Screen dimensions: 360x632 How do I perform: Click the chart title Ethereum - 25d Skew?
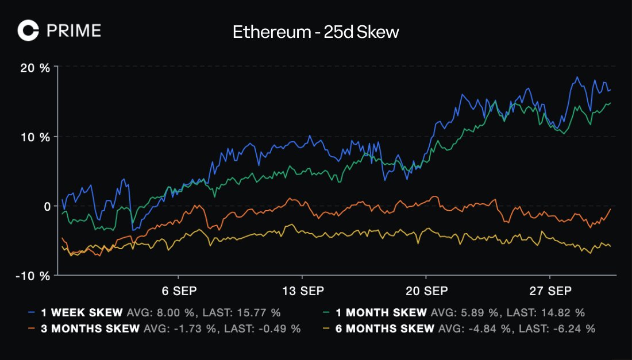(315, 32)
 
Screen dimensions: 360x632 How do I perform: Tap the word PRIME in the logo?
(74, 30)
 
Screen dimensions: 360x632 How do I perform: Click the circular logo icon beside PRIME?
(28, 30)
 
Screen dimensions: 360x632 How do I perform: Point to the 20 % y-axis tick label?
(36, 68)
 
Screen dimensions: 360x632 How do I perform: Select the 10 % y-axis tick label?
(36, 137)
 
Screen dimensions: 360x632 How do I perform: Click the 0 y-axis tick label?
(47, 206)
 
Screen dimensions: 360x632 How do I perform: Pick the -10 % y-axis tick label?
(33, 276)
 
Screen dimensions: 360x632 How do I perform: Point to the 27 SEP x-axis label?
(550, 291)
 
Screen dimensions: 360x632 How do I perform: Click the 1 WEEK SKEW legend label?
(82, 313)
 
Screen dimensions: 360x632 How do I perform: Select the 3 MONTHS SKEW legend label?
(90, 329)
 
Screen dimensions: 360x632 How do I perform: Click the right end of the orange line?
(610, 210)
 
